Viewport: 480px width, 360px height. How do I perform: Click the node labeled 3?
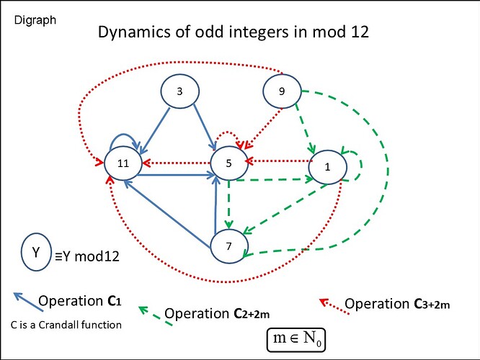tap(179, 91)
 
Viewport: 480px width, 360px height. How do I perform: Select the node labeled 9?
tap(280, 91)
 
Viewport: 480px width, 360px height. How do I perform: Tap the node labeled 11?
tap(123, 163)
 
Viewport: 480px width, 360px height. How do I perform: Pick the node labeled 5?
tap(228, 163)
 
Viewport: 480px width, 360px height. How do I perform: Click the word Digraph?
tap(35, 20)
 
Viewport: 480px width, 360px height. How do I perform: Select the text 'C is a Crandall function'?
tap(66, 325)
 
